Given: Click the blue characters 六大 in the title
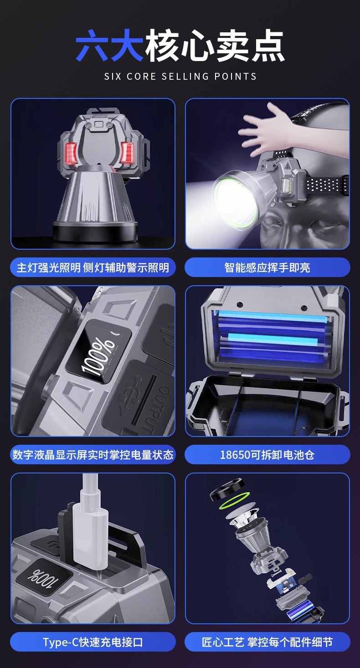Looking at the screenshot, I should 109,46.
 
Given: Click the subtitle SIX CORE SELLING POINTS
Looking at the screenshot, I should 180,76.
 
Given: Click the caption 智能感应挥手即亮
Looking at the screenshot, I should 267,267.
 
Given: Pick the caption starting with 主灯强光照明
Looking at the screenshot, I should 93,267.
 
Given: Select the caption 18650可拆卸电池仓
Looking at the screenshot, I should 267,454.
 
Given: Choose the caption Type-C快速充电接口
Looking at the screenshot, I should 93,642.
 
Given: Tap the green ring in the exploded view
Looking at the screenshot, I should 235,501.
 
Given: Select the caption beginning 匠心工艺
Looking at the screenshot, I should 267,642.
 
